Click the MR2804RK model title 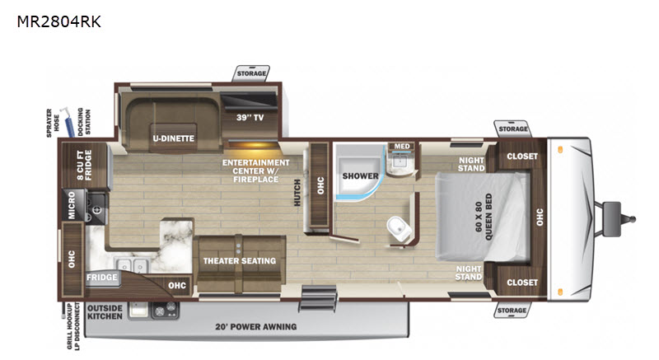point(58,22)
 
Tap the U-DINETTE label point(172,138)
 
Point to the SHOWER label point(361,176)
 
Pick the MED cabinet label point(401,147)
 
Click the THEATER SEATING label point(240,261)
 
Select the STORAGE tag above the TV point(252,74)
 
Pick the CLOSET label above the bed point(522,157)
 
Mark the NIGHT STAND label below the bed point(469,273)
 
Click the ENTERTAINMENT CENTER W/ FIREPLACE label point(255,167)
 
